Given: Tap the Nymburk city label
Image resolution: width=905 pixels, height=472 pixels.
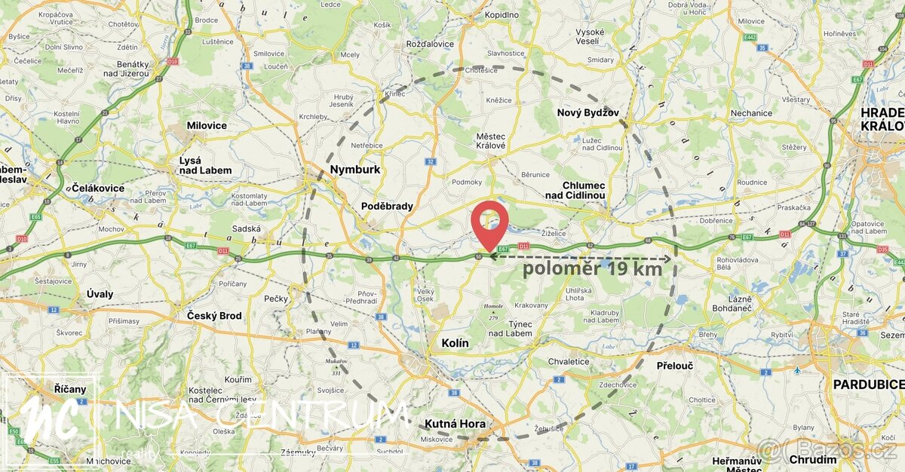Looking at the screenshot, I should point(356,170).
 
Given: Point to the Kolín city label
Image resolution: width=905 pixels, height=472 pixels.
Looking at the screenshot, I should point(455,343).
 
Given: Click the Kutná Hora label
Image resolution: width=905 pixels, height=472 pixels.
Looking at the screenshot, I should point(456,424).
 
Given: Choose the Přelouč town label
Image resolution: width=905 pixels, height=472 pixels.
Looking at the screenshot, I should point(674,365).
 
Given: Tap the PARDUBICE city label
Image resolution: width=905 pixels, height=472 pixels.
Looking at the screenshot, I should point(868,385).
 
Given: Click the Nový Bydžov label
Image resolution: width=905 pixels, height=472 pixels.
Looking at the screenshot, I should point(587,112).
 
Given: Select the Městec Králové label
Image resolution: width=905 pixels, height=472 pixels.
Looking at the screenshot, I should point(491,141).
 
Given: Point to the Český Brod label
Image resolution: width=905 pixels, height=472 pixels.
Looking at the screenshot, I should point(214,315).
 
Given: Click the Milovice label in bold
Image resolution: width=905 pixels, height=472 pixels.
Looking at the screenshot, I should point(207,125).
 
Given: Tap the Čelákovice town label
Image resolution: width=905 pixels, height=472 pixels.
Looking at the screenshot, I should point(97,187).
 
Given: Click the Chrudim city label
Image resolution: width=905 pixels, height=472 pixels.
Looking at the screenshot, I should point(813,459).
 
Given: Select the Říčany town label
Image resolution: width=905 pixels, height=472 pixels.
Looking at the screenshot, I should point(70,389).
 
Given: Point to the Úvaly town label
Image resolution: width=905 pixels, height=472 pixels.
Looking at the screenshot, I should point(100,294).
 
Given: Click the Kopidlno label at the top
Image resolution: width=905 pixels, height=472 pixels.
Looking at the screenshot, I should point(502,14).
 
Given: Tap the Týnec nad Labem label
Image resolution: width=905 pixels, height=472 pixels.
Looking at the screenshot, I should point(510,329).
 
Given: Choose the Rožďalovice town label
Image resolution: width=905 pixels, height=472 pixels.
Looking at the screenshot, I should point(430,44).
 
